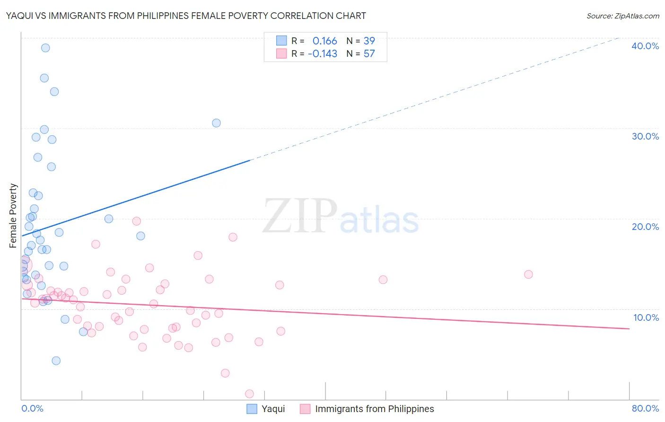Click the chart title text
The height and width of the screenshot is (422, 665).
tap(186, 16)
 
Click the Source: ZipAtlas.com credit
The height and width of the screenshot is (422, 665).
tap(622, 16)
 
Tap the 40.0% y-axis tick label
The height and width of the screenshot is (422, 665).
tap(645, 46)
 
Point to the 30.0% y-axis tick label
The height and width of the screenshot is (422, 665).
tap(645, 136)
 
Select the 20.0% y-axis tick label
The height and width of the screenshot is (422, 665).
tap(645, 227)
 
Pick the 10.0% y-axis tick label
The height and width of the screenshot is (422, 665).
tap(646, 317)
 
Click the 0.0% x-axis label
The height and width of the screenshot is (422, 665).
tap(33, 408)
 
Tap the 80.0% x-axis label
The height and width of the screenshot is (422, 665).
tap(645, 408)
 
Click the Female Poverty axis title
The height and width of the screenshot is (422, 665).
tap(13, 216)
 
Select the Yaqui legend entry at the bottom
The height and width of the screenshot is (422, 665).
tap(273, 409)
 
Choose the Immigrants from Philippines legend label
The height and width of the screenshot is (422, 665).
tap(374, 409)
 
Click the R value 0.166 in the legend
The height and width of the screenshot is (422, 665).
tap(324, 41)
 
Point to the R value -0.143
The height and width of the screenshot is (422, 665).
tap(322, 54)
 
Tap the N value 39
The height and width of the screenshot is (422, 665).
tap(369, 41)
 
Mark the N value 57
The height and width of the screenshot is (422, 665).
tap(369, 54)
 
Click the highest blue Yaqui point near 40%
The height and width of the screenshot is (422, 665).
tap(45, 48)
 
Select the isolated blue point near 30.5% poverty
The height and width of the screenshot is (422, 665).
tap(216, 123)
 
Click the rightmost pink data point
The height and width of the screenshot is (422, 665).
tap(528, 274)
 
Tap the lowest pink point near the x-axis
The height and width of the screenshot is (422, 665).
tap(249, 394)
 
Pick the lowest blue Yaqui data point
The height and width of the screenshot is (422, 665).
tap(56, 360)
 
